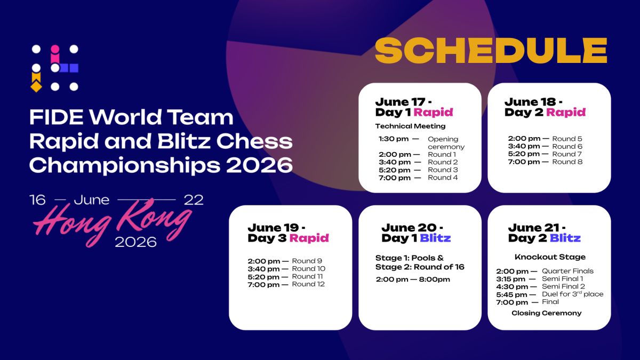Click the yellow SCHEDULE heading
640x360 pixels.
(x=491, y=51)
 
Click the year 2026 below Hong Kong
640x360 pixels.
(x=135, y=242)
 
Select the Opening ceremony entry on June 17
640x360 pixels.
(x=446, y=143)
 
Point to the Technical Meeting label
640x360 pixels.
(x=410, y=126)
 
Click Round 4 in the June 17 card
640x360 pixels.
(x=443, y=178)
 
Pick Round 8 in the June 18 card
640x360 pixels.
(x=567, y=162)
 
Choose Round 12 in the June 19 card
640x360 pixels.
(x=308, y=284)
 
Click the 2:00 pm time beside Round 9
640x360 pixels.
(x=263, y=261)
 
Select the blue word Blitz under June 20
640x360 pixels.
(x=435, y=238)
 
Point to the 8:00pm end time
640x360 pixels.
(x=434, y=279)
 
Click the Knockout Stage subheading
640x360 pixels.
(x=550, y=257)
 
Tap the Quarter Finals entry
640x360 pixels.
(x=567, y=271)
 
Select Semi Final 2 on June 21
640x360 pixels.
(x=563, y=286)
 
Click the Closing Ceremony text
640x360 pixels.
(x=547, y=313)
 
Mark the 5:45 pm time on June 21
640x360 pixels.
(x=511, y=294)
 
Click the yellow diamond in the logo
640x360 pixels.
(x=36, y=86)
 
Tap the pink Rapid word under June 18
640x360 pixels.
(x=566, y=113)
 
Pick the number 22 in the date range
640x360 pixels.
(x=194, y=200)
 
